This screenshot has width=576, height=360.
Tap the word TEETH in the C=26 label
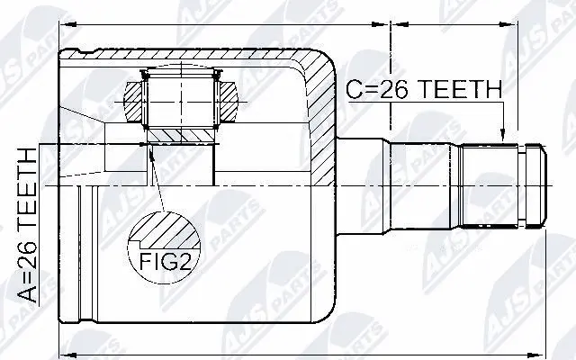point(456,90)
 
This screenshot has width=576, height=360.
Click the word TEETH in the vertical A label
point(26,184)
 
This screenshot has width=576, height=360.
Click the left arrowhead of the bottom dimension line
point(63,347)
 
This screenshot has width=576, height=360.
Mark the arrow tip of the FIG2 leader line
point(151,150)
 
